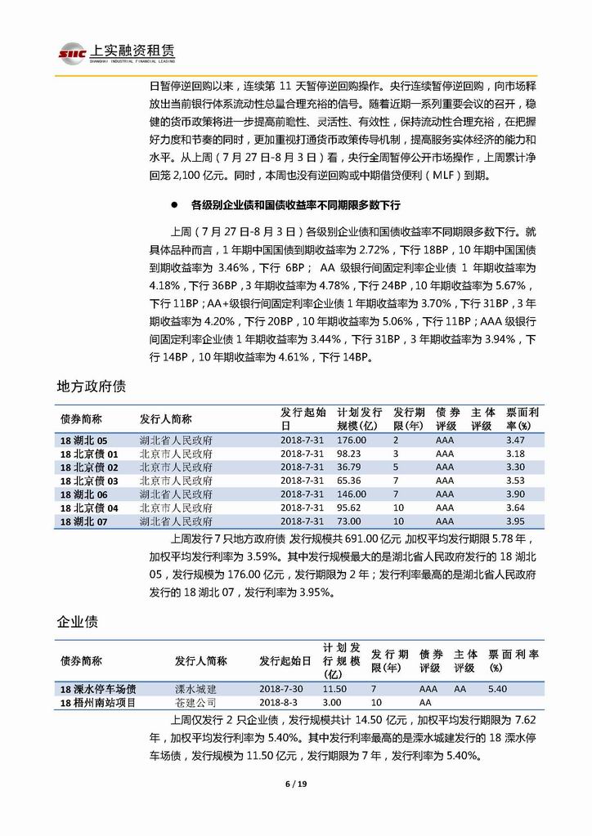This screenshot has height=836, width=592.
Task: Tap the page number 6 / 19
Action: point(295,785)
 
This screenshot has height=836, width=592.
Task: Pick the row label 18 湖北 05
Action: point(84,440)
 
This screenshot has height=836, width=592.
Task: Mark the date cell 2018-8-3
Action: point(282,702)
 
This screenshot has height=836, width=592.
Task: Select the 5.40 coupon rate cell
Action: point(497,689)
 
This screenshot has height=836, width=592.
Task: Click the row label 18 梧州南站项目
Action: point(97,702)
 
